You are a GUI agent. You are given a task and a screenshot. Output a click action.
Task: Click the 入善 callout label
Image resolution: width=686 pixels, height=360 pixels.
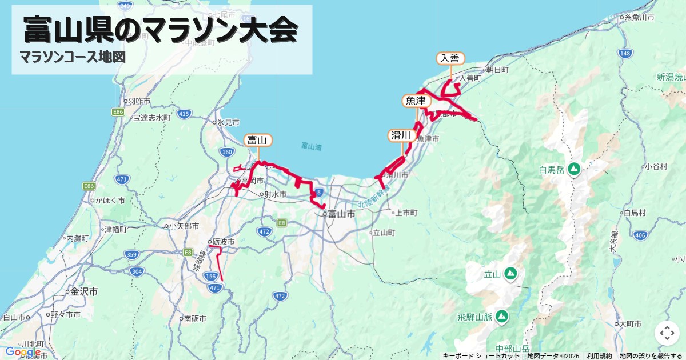[450, 58]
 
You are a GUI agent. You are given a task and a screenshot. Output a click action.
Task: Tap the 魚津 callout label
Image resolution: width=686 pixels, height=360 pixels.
[416, 101]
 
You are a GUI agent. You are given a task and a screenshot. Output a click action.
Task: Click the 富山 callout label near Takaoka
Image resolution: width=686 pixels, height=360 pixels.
[258, 140]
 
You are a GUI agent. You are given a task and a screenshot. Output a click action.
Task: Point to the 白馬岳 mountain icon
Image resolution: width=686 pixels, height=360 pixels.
[574, 169]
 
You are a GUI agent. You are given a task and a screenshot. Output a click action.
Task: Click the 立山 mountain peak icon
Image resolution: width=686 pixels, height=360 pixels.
[510, 274]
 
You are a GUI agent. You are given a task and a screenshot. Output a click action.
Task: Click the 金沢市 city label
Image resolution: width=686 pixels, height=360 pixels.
[83, 291]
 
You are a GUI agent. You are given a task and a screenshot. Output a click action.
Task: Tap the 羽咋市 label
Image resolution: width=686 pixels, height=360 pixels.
[139, 101]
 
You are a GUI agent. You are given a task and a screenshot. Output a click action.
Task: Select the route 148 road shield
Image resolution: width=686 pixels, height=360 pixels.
[625, 53]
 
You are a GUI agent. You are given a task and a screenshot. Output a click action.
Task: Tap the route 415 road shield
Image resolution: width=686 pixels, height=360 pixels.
[184, 114]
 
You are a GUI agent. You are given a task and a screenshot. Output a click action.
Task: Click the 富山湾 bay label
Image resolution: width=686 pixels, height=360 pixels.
[311, 147]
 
